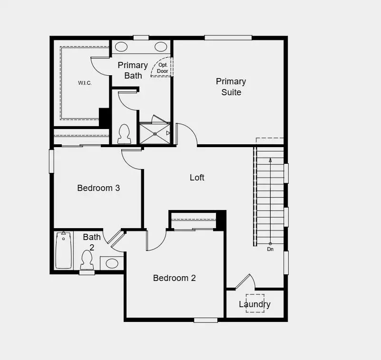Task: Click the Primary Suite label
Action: (x=231, y=87)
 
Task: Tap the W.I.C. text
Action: (x=85, y=83)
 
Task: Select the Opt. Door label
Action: (x=163, y=68)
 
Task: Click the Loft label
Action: (x=197, y=178)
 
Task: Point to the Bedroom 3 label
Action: (x=98, y=188)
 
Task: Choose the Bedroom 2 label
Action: (x=174, y=278)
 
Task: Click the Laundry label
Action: (x=254, y=304)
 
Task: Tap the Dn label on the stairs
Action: (x=270, y=249)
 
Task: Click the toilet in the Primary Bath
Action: (x=124, y=134)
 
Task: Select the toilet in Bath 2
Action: (x=87, y=260)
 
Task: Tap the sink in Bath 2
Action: (x=112, y=263)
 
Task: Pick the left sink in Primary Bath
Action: (x=121, y=47)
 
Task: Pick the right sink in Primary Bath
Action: (x=161, y=47)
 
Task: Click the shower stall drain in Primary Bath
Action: (x=155, y=134)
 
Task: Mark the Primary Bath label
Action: (x=133, y=70)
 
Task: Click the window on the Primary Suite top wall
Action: (x=228, y=38)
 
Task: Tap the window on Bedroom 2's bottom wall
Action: (x=205, y=320)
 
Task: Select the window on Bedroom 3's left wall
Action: (x=51, y=161)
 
